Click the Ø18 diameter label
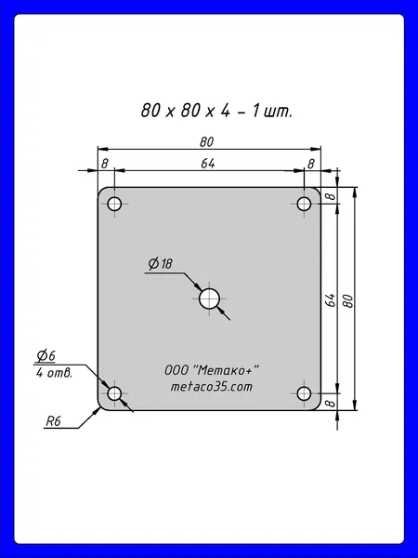[161, 264]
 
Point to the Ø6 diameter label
[46, 355]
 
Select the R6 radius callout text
[54, 421]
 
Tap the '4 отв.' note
[54, 373]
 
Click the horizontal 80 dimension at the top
[206, 142]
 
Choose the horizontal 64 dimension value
[208, 164]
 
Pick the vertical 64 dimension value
[331, 300]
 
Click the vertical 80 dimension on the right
[349, 301]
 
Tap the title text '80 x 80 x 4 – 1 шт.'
[216, 111]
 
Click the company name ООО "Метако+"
[212, 370]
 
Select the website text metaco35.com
[212, 387]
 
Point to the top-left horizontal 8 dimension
[104, 164]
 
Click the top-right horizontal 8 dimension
[310, 164]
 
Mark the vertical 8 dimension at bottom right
[331, 404]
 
